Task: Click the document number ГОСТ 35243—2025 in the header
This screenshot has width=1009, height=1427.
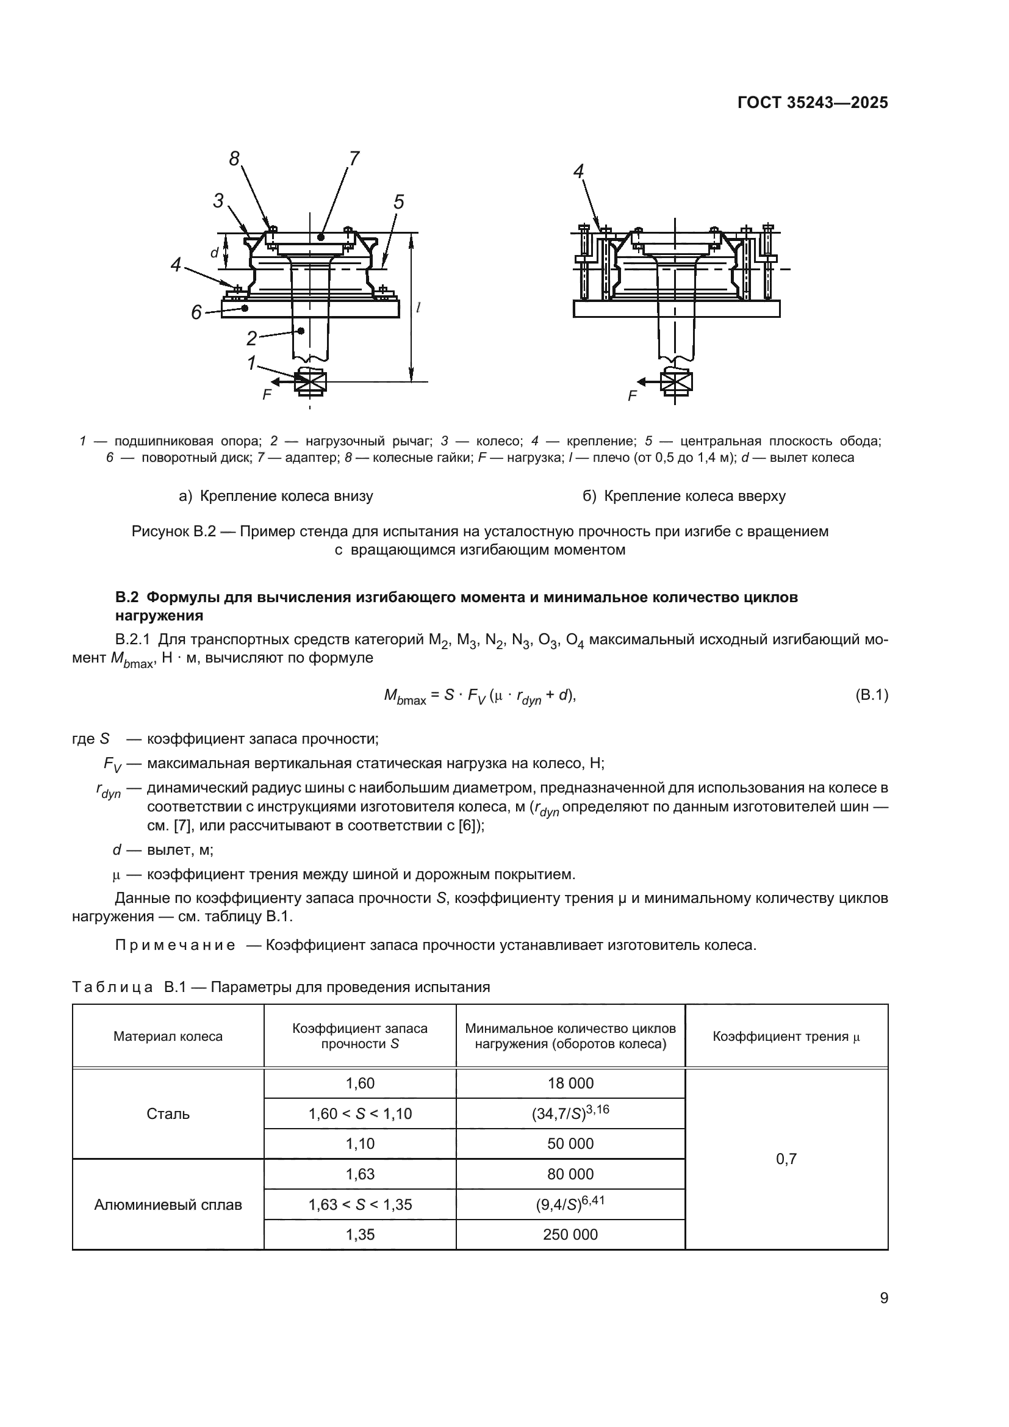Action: click(x=813, y=102)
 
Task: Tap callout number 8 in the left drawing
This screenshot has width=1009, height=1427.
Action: click(x=234, y=160)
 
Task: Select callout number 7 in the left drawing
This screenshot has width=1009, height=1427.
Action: click(x=354, y=159)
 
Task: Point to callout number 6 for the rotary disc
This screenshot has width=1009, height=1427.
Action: click(x=196, y=312)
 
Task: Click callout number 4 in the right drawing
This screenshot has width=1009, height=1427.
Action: click(x=578, y=171)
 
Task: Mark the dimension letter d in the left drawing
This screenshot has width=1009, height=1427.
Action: click(x=214, y=253)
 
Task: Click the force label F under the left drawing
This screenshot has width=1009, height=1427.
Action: click(x=267, y=395)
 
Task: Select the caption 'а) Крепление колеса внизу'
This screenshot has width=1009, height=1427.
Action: click(x=276, y=496)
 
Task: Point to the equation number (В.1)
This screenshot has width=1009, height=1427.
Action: click(x=871, y=695)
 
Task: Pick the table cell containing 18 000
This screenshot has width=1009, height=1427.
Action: click(x=570, y=1084)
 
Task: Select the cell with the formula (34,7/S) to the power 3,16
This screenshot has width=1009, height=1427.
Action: click(x=570, y=1113)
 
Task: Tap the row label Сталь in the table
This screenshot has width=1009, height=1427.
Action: click(x=168, y=1114)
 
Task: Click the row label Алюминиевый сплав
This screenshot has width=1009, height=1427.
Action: click(x=168, y=1204)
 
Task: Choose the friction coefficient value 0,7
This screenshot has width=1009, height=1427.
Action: click(x=786, y=1159)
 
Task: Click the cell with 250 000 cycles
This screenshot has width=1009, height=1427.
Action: click(x=570, y=1234)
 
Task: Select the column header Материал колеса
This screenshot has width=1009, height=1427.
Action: click(x=168, y=1036)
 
